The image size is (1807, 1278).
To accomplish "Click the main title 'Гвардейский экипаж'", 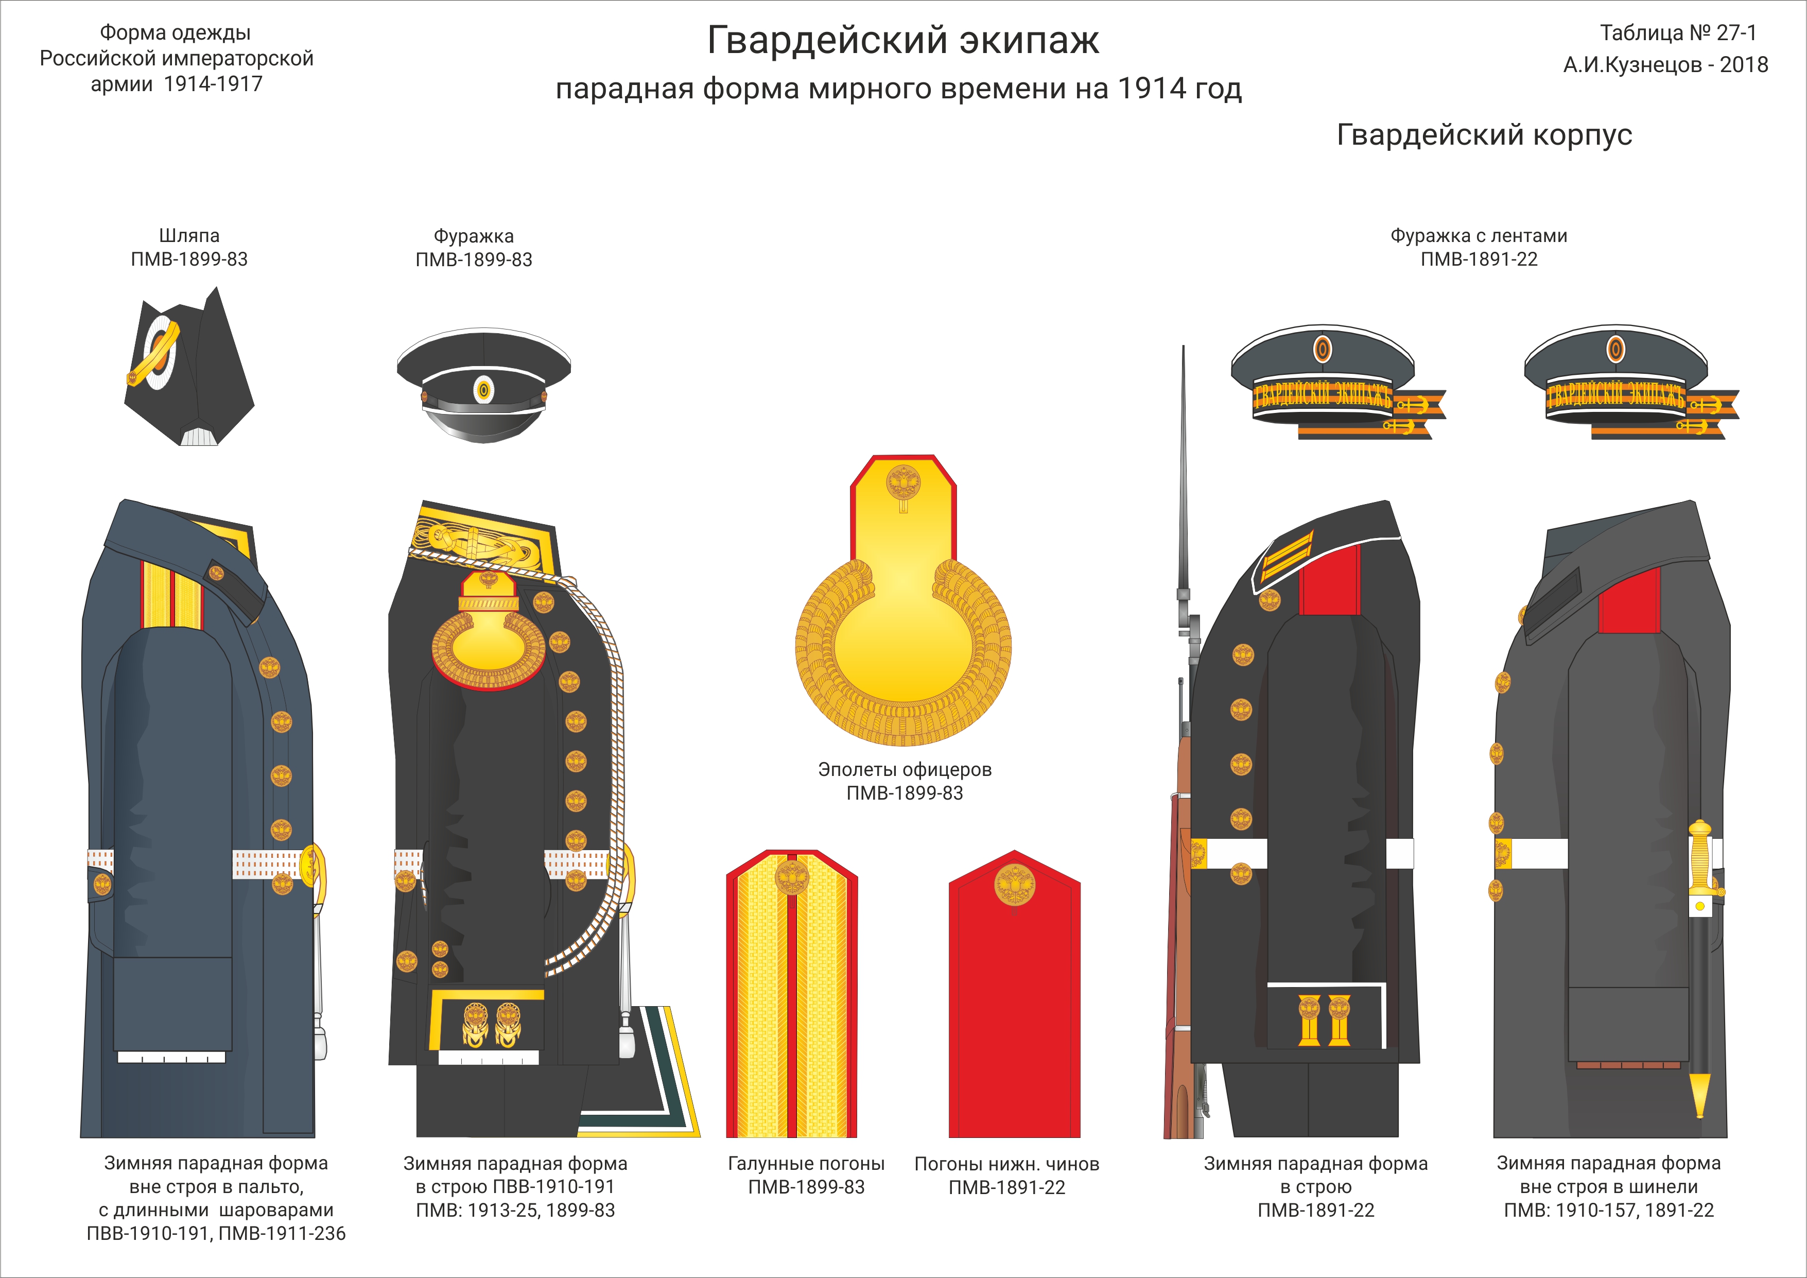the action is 902,40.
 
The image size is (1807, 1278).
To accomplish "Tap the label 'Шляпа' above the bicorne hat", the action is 189,235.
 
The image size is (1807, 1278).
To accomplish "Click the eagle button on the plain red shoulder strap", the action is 1015,885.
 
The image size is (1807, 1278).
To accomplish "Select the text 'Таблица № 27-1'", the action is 1678,33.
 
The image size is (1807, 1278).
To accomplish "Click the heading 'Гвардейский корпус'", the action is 1484,135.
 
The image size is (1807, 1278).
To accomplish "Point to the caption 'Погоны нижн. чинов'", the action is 1006,1164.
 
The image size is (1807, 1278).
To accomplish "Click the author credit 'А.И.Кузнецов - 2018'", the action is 1665,64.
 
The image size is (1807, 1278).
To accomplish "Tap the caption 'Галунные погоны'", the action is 806,1164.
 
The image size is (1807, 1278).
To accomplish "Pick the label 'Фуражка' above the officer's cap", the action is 474,235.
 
